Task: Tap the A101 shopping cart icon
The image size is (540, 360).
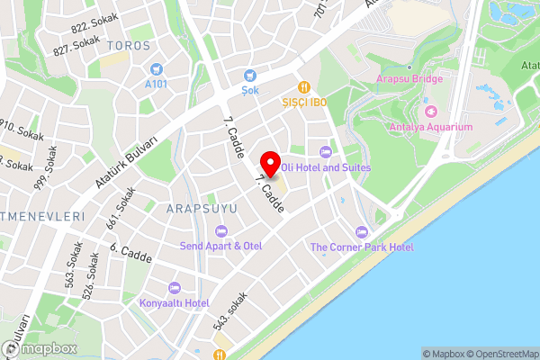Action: coord(157,68)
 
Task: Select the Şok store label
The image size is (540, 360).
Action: coord(249,89)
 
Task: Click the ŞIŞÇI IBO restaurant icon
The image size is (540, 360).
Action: coord(305,87)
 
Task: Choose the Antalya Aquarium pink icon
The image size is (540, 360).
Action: coord(429,112)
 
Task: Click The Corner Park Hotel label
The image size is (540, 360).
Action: coord(362,247)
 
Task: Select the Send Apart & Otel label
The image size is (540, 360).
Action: coord(220,246)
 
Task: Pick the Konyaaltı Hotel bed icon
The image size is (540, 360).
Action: coord(174,287)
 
